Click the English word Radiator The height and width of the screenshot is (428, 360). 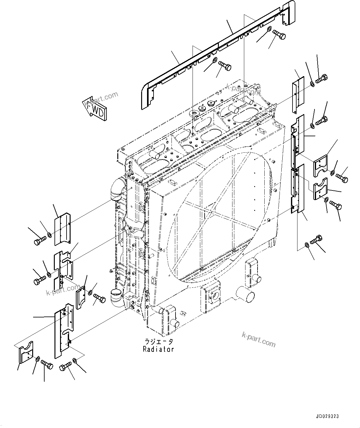[158, 349]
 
